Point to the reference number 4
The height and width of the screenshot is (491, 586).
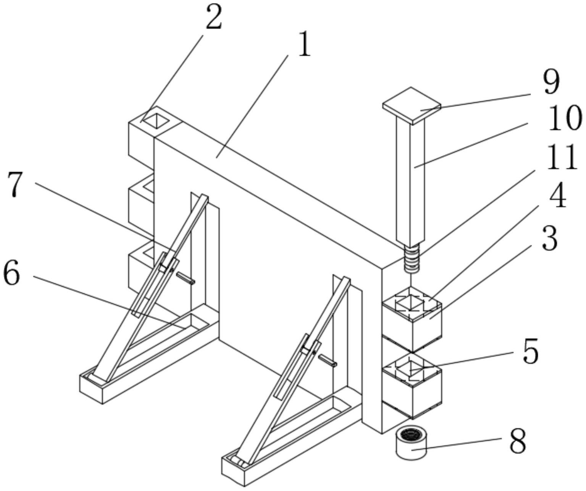[x=557, y=198]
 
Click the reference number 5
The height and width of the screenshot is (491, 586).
[x=531, y=351]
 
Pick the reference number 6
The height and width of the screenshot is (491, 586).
[x=11, y=272]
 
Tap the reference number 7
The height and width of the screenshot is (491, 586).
[x=16, y=184]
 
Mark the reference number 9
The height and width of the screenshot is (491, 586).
[x=551, y=83]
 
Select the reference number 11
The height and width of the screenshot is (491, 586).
[x=561, y=157]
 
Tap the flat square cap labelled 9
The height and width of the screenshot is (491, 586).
[x=412, y=105]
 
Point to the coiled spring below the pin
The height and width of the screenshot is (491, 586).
[x=412, y=258]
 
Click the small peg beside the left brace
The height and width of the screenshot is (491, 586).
[x=186, y=279]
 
